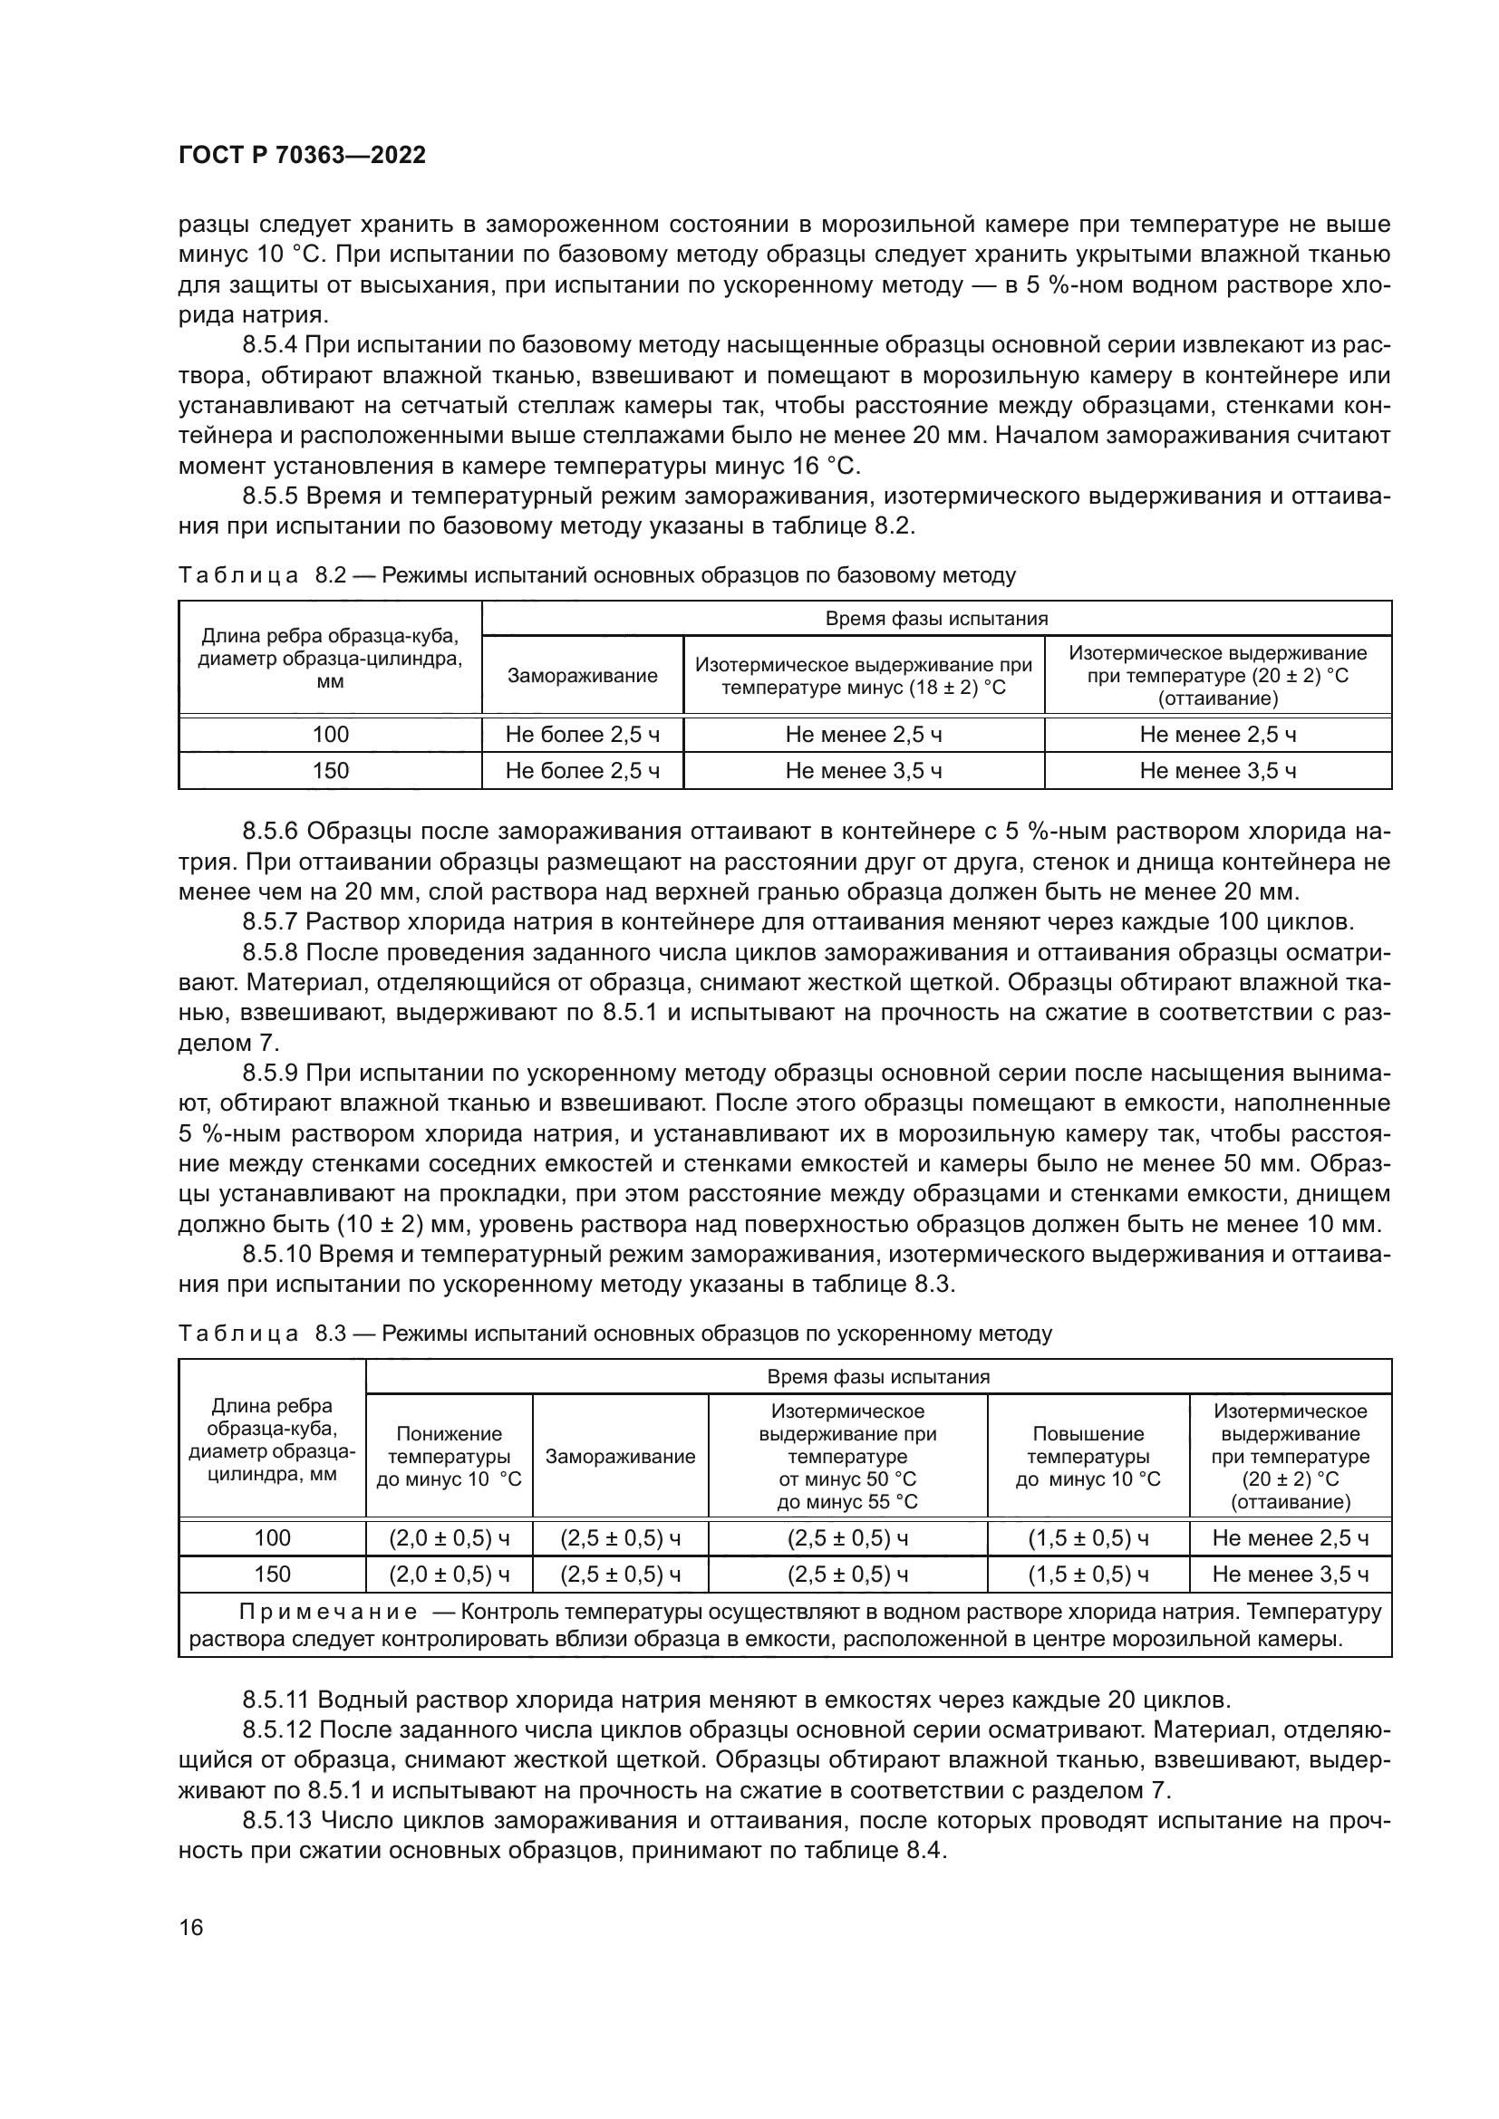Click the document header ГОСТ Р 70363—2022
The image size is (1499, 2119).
point(302,155)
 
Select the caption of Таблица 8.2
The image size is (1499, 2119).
point(596,575)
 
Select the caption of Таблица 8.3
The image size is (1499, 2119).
point(614,1333)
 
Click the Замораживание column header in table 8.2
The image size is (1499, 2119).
point(583,675)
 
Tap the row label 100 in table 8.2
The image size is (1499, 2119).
point(331,735)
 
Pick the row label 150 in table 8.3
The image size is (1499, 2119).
point(272,1574)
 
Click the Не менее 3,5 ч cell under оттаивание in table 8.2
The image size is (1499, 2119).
point(1217,771)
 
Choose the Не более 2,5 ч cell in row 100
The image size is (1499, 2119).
point(583,735)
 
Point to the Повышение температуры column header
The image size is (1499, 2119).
point(1088,1457)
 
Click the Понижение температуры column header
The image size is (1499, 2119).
point(449,1457)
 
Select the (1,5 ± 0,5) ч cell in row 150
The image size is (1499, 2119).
point(1088,1574)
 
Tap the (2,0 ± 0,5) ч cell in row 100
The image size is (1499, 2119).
point(449,1537)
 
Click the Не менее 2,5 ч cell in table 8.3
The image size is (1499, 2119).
point(1290,1537)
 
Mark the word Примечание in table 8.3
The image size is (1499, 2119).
point(328,1612)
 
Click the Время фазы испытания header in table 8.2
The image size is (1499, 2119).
point(936,619)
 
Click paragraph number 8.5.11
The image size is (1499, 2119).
point(276,1699)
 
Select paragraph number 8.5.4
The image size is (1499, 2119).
point(269,345)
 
